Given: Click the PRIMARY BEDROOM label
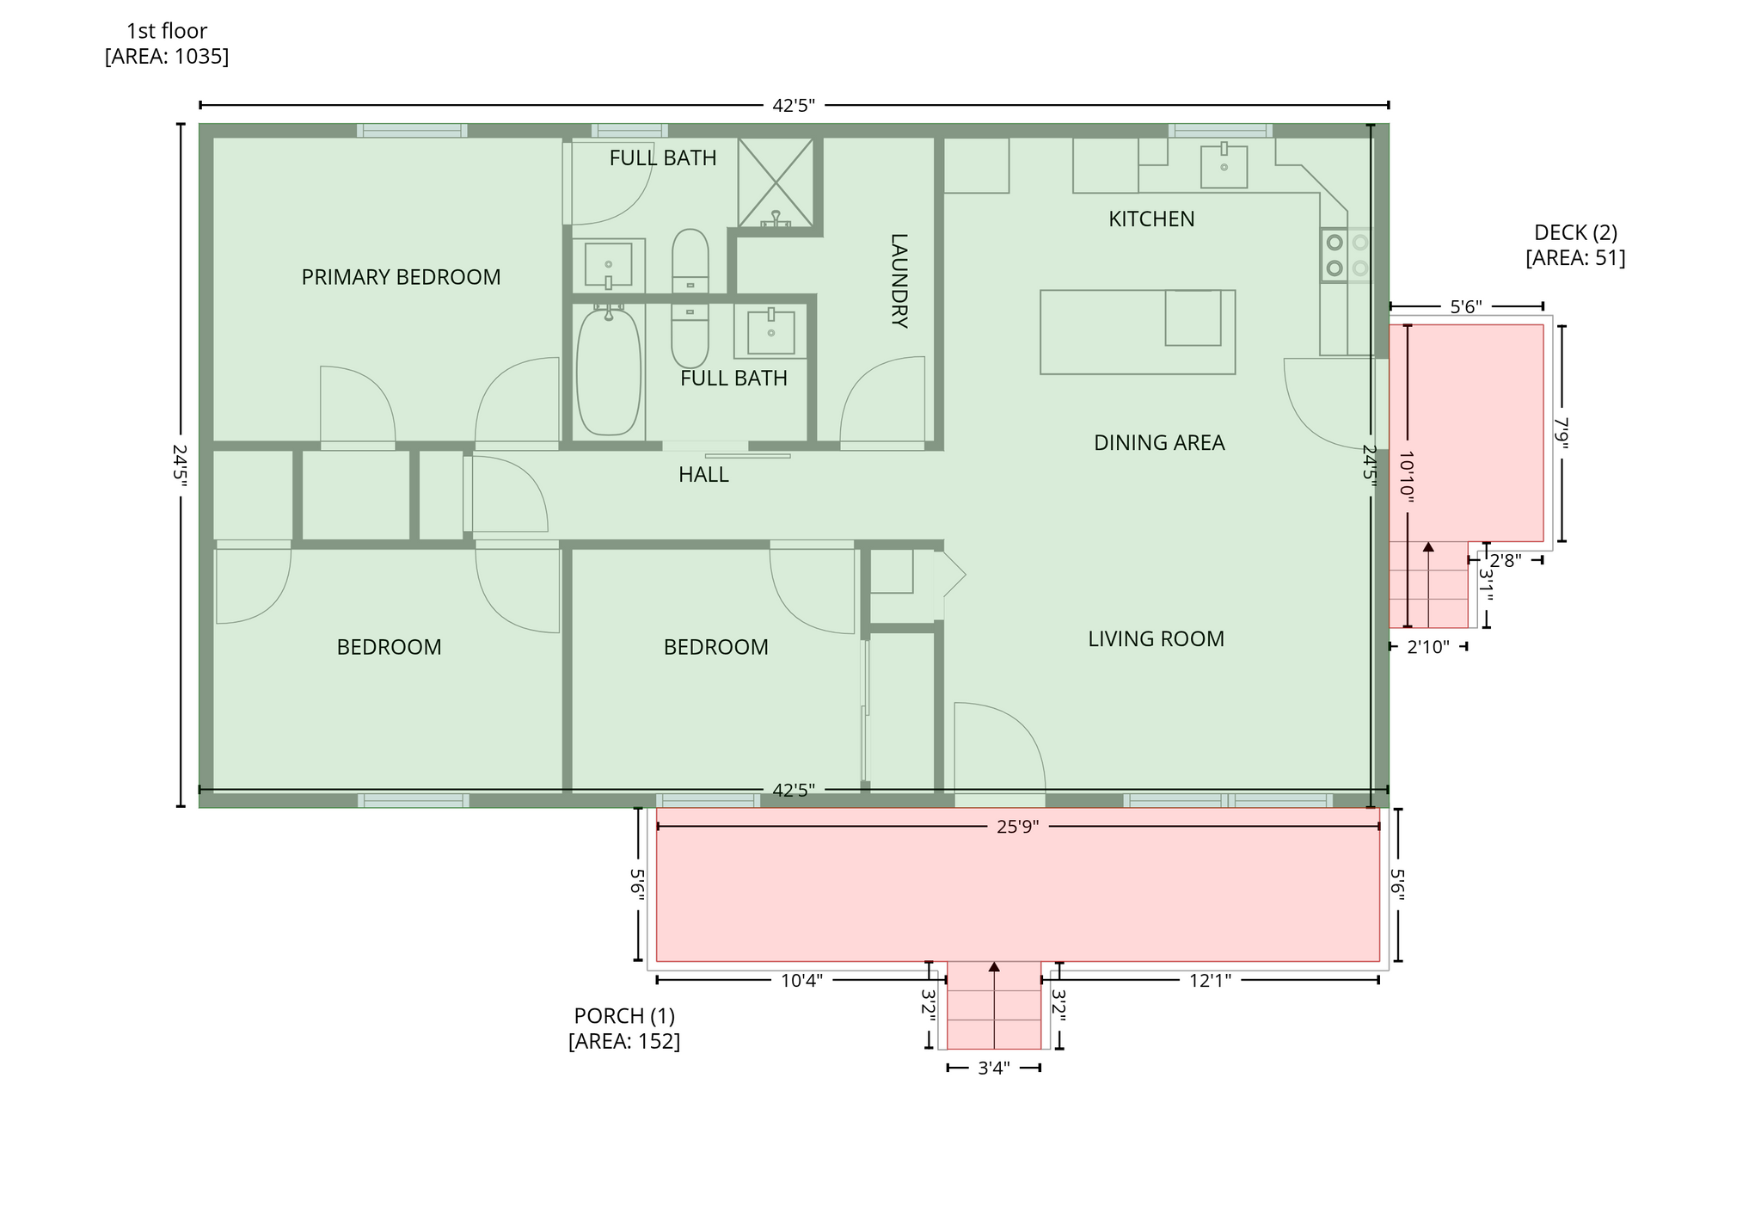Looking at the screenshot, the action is (x=401, y=277).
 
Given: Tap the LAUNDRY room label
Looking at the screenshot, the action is (x=899, y=281).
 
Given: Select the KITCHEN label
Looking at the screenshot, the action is (x=1151, y=219).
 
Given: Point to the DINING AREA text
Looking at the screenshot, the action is (x=1159, y=443).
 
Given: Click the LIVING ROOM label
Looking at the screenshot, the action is (x=1156, y=639).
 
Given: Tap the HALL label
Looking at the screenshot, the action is (x=703, y=475).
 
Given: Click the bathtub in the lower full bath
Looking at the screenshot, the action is (x=609, y=371).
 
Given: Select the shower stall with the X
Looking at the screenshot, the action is (x=776, y=182).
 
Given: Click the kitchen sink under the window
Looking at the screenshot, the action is (x=1224, y=165).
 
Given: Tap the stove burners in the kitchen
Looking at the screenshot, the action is (x=1347, y=256).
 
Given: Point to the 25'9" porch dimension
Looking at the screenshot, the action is (x=1018, y=827).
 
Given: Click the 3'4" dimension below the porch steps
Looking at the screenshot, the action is (x=994, y=1069).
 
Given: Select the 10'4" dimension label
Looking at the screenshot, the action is (x=801, y=981).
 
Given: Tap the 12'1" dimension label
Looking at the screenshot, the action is (x=1210, y=981).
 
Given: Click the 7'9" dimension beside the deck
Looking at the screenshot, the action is (x=1562, y=434).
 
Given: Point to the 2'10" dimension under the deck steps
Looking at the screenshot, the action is (x=1428, y=647).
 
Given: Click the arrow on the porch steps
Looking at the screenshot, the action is (x=994, y=1005).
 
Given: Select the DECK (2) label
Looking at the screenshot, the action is (x=1575, y=232).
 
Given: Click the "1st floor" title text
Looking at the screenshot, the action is (x=167, y=31).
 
